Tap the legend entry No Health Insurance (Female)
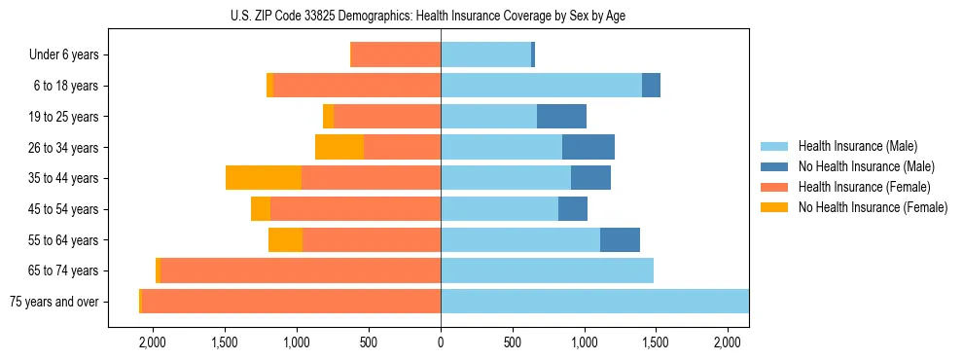pos(873,207)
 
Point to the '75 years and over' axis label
pos(53,302)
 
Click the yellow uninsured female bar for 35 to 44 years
pos(263,178)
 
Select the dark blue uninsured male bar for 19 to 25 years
pos(561,117)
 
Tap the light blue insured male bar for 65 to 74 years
pos(547,270)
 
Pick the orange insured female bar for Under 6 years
pos(395,55)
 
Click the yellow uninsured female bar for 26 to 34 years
pos(339,147)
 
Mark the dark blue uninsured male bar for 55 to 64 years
pos(620,239)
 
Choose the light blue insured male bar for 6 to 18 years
pos(541,86)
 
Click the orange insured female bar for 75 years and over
pos(291,302)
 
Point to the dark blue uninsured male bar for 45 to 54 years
pos(573,209)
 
